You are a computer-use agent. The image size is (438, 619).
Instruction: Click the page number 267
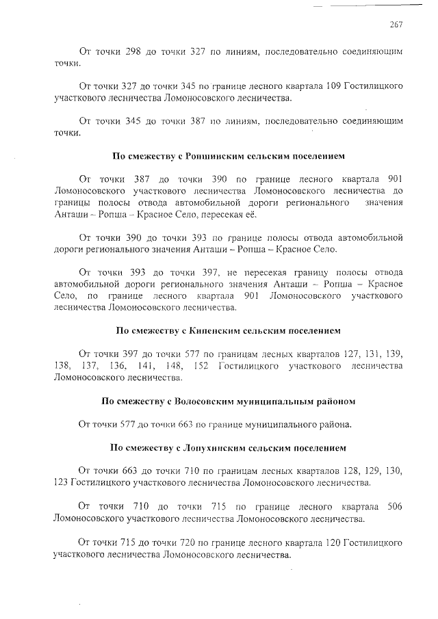(x=395, y=24)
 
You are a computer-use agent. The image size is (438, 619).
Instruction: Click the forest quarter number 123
(x=61, y=483)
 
